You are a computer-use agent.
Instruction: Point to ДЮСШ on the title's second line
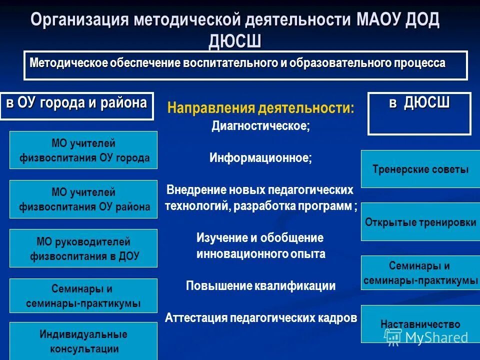click(x=235, y=41)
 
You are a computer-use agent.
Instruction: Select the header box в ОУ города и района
click(x=76, y=105)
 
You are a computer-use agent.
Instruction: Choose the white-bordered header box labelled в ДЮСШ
click(x=419, y=113)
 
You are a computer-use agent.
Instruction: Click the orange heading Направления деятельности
click(x=260, y=108)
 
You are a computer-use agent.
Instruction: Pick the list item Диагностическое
click(x=260, y=126)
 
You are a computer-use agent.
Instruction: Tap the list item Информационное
click(x=260, y=158)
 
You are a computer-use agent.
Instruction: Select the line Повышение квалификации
click(x=260, y=286)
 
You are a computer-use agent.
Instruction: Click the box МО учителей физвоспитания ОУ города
click(x=83, y=150)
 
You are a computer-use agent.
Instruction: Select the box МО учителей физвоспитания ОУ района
click(x=83, y=199)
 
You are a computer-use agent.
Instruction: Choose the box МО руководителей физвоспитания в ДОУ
click(x=83, y=248)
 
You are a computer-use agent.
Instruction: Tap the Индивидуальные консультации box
click(x=83, y=341)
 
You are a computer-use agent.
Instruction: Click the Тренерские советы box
click(x=420, y=169)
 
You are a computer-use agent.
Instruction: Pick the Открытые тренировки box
click(x=420, y=222)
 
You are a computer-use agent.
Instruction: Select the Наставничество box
click(x=420, y=324)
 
